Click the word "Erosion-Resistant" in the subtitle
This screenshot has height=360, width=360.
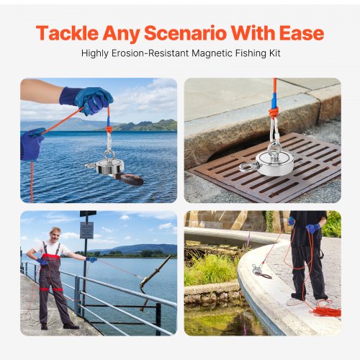click(x=153, y=53)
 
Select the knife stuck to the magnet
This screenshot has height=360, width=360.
click(x=128, y=176)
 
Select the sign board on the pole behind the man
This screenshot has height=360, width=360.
click(x=86, y=230)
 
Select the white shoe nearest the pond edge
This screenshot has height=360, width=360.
click(x=294, y=301)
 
